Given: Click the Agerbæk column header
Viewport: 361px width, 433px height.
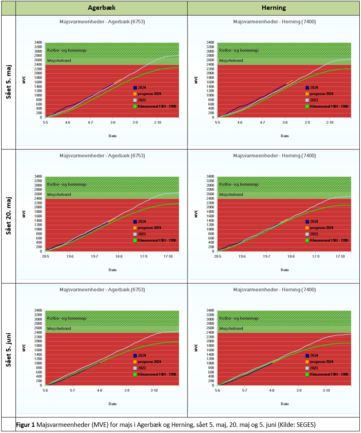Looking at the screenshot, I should [101, 8].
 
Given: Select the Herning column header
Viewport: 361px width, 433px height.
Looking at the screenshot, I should [273, 8].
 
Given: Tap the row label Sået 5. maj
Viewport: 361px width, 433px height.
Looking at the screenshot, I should [8, 82].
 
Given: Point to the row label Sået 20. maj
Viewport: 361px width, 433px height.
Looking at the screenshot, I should [8, 216].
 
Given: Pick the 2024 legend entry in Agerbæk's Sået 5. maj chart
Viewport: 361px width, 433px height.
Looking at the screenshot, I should [142, 87].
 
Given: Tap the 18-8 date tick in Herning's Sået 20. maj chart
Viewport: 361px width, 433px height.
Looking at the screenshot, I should [291, 256].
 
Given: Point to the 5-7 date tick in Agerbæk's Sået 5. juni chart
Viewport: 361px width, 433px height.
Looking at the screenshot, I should [72, 390].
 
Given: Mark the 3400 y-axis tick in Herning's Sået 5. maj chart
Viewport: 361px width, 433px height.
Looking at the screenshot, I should [210, 42].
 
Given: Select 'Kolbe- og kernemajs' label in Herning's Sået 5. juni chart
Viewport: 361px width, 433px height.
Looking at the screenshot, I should [239, 318].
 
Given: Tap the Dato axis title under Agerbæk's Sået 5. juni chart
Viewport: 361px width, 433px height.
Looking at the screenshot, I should [113, 404].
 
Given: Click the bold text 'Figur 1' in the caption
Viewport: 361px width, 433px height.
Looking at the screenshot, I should [25, 425].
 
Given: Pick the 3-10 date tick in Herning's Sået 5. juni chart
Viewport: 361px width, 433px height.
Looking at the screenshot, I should [326, 390].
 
